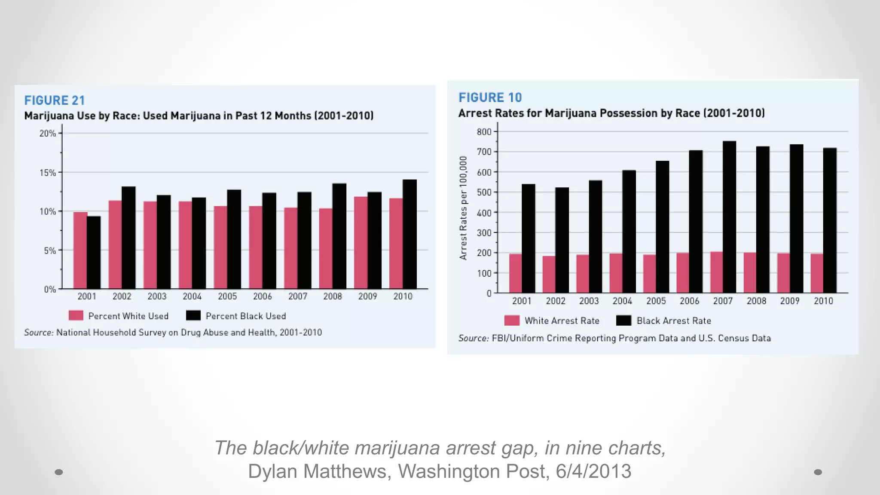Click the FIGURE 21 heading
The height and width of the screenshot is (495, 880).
(55, 101)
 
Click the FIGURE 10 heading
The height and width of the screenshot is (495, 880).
(490, 98)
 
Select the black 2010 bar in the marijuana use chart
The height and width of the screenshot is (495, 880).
(409, 234)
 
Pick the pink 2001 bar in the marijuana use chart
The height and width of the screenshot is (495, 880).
(80, 251)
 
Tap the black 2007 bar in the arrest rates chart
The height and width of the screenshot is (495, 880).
(729, 217)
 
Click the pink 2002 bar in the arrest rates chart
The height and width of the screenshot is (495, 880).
(549, 275)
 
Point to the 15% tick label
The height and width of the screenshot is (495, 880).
(48, 173)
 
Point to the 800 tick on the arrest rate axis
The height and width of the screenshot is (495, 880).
(484, 132)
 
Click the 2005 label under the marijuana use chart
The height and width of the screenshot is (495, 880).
(227, 296)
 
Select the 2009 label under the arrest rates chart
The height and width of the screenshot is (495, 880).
(790, 301)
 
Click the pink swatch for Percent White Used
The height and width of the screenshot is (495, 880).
(76, 316)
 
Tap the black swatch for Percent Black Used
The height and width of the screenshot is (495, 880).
(193, 316)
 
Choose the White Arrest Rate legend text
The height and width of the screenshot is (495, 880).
(562, 321)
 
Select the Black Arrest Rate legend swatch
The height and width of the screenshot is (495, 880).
(623, 321)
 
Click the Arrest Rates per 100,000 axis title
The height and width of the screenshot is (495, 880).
(463, 208)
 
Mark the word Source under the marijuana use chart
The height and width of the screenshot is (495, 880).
(38, 333)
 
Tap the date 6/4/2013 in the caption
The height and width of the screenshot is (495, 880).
(593, 471)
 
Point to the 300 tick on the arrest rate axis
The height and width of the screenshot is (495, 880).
(484, 233)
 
